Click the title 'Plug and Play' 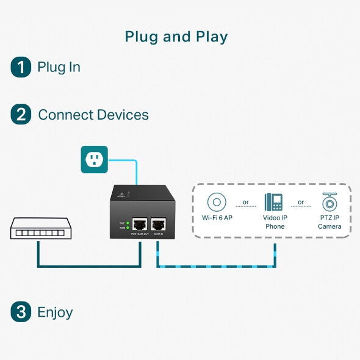coord(176,37)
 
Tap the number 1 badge coord(21,67)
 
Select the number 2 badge coord(21,115)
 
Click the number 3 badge coord(21,312)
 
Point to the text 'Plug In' coord(59,67)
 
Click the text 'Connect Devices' coord(93,115)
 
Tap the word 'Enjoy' coord(55,312)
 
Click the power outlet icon coord(95,159)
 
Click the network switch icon coord(38,229)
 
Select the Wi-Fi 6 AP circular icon coord(217,202)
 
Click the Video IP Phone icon coord(274,202)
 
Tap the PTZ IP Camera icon coord(329,202)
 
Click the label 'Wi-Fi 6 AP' coord(217,218)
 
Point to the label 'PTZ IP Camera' coord(329,222)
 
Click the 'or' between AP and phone coord(245,202)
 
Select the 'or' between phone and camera coord(301,202)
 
